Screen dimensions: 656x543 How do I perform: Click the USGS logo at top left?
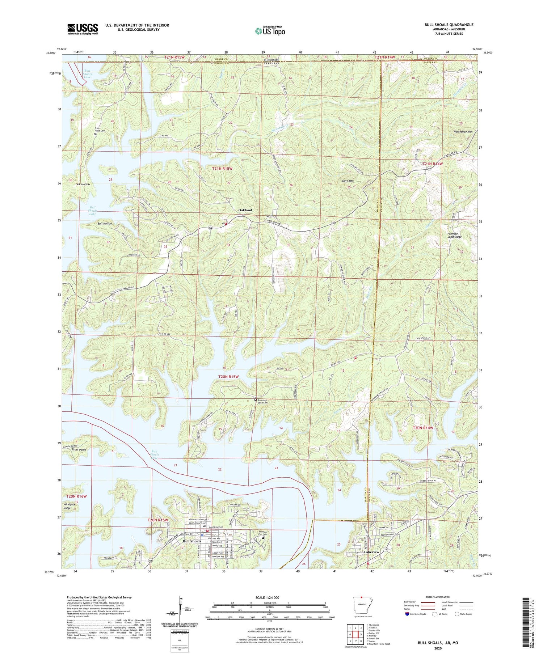click(x=83, y=29)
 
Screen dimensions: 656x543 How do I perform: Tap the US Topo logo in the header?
click(x=270, y=31)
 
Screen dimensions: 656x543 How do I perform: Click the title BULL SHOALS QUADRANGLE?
click(x=449, y=25)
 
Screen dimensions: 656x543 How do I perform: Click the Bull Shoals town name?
click(x=192, y=541)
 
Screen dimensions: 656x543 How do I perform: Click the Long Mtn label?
click(x=347, y=181)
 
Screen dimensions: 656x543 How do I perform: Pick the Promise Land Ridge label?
click(x=455, y=235)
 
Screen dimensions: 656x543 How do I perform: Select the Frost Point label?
click(x=79, y=450)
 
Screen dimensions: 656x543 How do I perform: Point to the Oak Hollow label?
click(x=83, y=185)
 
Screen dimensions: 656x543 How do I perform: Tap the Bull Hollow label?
click(x=105, y=224)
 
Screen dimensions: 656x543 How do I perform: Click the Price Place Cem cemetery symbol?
click(x=95, y=134)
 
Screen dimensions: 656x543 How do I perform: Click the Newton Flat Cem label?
click(x=263, y=533)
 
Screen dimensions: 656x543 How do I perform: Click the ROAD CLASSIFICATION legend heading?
click(x=438, y=597)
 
